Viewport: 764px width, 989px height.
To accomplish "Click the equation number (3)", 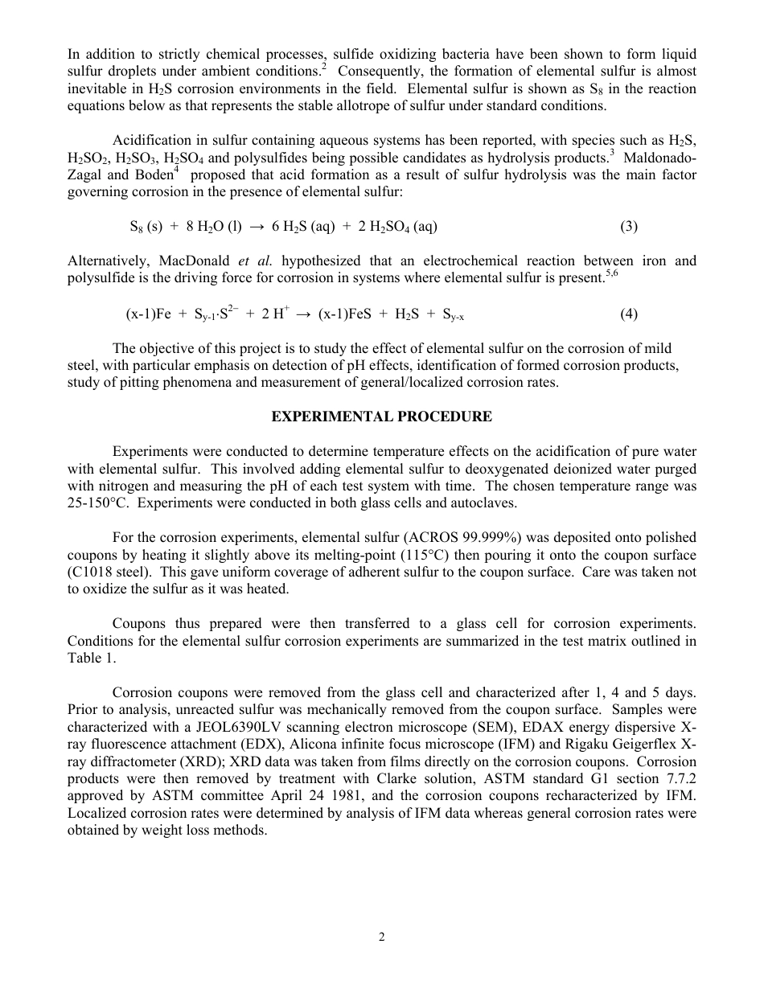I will pos(629,227).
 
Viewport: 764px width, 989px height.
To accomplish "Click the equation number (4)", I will pos(629,314).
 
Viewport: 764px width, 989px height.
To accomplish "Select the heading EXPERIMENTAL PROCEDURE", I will pos(381,417).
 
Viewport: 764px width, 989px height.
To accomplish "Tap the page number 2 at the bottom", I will pos(382,937).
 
